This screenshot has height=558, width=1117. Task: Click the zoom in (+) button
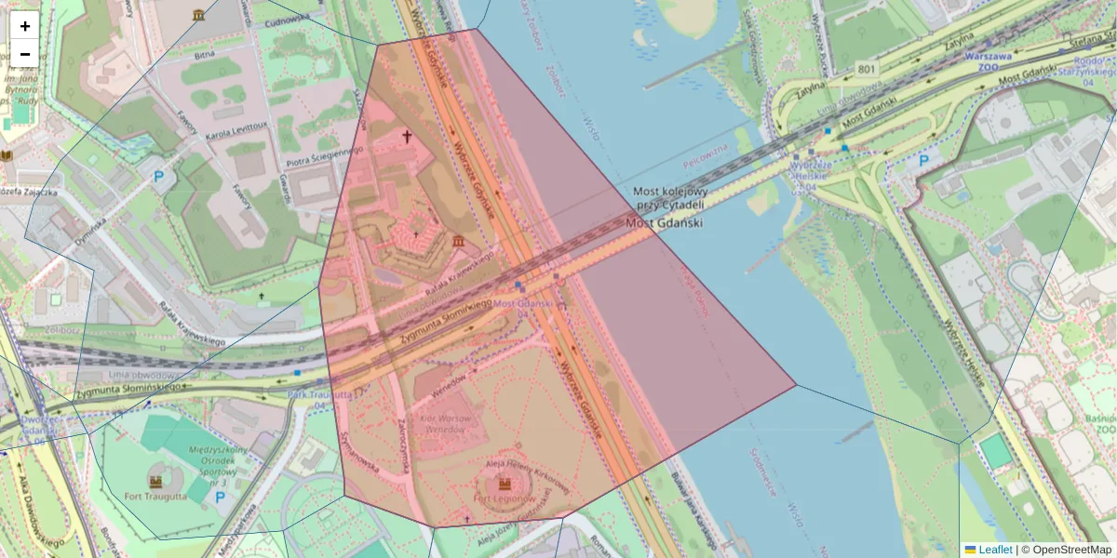25,26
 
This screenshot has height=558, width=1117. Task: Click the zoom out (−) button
25,53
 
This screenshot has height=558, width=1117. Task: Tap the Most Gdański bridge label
664,223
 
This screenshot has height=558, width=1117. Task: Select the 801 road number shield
867,69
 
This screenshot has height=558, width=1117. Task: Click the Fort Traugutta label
155,496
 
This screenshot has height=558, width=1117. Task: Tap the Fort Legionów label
504,498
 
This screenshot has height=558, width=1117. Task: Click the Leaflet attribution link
994,550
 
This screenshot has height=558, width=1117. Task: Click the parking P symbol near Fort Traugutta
220,498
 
